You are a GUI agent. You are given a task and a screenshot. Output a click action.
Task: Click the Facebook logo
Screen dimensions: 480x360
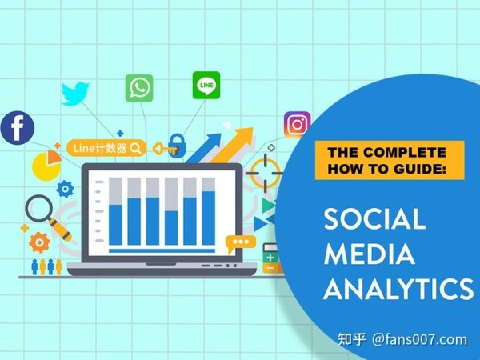18,128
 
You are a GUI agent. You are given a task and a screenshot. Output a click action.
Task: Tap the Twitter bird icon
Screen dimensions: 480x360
75,94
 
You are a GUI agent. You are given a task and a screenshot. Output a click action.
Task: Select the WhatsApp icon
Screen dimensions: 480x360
139,88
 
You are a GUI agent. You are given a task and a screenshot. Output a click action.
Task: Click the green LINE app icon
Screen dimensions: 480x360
206,86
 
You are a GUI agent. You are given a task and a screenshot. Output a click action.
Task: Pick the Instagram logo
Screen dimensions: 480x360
297,124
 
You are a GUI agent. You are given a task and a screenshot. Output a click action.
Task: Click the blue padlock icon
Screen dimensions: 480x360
177,146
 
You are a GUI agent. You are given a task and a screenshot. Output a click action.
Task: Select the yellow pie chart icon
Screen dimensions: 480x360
46,166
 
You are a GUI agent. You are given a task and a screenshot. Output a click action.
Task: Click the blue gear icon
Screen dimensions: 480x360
66,189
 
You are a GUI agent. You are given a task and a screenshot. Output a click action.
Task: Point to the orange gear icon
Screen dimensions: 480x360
39,242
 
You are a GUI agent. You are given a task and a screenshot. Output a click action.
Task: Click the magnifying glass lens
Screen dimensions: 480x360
39,209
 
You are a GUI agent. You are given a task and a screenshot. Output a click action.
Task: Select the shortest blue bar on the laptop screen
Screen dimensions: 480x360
171,228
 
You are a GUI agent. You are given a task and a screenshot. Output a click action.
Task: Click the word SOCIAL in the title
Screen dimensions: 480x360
374,218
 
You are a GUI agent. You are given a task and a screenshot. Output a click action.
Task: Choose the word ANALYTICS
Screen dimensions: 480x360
398,288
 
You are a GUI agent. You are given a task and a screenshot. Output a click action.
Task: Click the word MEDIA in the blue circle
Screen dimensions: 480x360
369,254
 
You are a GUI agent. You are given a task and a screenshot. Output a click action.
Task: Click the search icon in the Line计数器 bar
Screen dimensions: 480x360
135,148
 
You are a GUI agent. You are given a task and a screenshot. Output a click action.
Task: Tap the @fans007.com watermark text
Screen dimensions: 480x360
419,340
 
